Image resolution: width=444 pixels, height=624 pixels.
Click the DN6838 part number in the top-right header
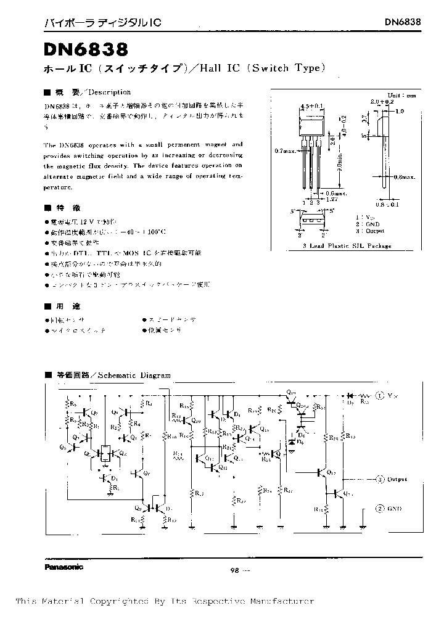pyautogui.click(x=403, y=22)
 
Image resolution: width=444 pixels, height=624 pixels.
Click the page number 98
pyautogui.click(x=234, y=570)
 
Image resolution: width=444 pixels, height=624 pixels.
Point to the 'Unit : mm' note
pyautogui.click(x=402, y=96)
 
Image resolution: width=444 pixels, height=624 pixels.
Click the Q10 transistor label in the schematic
pyautogui.click(x=290, y=392)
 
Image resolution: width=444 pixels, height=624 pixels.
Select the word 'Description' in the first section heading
pyautogui.click(x=109, y=92)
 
